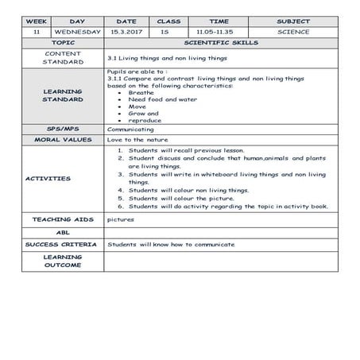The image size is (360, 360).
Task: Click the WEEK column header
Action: point(37,21)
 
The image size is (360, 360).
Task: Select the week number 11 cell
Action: point(37,32)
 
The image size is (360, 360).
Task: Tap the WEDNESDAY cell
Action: point(77,32)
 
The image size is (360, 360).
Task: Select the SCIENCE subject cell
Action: point(293,32)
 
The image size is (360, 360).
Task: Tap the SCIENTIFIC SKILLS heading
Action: point(221,42)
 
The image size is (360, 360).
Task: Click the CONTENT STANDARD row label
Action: point(62,57)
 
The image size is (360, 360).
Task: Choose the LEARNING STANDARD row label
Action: point(62,96)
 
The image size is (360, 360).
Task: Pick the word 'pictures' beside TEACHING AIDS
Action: point(120,219)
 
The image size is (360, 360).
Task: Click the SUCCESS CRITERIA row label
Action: point(62,245)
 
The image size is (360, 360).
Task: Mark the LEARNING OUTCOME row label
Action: point(62,261)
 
